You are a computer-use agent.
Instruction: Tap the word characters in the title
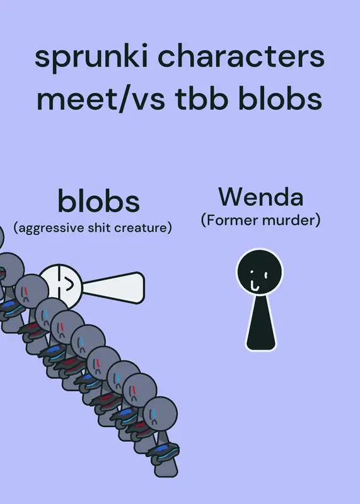[241, 56]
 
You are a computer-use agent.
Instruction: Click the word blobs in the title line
[280, 98]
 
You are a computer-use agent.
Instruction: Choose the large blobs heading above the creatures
[99, 200]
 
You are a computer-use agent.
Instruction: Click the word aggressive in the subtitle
[50, 228]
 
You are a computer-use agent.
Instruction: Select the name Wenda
[261, 197]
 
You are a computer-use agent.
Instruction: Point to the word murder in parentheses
[289, 220]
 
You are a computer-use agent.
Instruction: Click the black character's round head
[260, 272]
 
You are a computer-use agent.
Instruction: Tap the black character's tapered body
[261, 323]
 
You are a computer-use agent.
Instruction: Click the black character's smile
[254, 286]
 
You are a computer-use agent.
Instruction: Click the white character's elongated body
[113, 288]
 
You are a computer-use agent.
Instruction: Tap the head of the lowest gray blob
[160, 414]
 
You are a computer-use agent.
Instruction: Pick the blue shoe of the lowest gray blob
[163, 451]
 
